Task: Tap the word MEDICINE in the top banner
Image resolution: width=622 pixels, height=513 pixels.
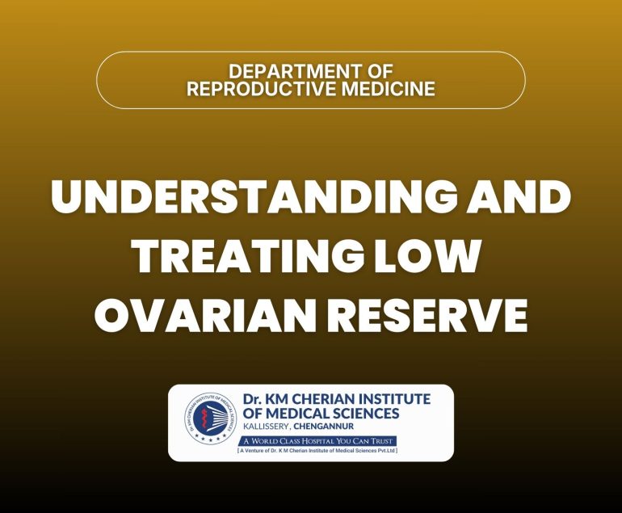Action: [x=386, y=88]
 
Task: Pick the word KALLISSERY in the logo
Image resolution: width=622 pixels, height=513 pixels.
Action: [x=268, y=426]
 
